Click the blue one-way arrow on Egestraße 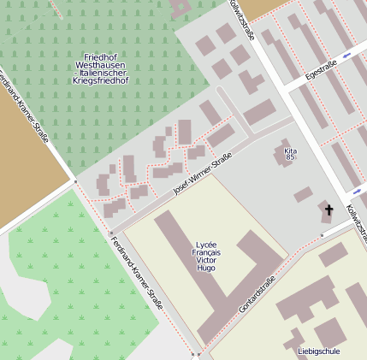[x=346, y=56]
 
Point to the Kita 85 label [x=290, y=154]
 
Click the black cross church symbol [x=328, y=210]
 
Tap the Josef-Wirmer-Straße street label [x=202, y=174]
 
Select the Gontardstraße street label [x=257, y=293]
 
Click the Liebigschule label [x=318, y=351]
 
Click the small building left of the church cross [x=304, y=195]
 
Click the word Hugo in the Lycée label [x=205, y=268]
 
